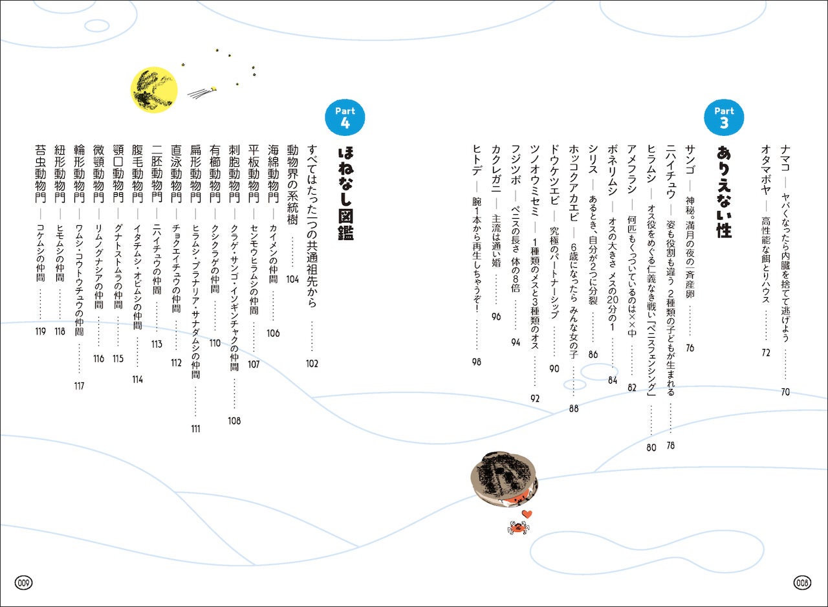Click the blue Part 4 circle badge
click(344, 117)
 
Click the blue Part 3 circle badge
click(723, 117)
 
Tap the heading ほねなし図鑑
click(345, 193)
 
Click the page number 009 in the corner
click(25, 582)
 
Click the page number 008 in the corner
click(802, 582)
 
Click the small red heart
click(527, 514)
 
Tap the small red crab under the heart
click(517, 528)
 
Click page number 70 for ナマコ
click(785, 392)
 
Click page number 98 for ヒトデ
click(477, 362)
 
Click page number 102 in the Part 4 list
click(312, 364)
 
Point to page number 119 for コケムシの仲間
click(40, 331)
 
